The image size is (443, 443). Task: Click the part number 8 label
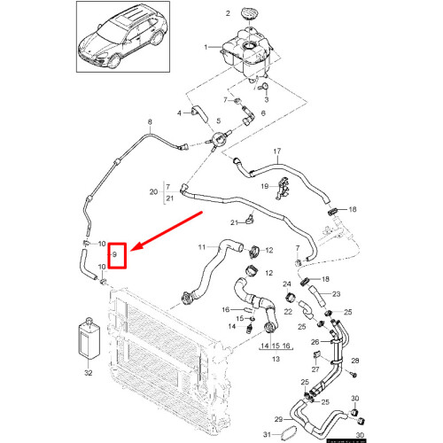[x=150, y=120]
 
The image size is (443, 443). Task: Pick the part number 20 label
[x=153, y=192]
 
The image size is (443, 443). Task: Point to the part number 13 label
[x=276, y=360]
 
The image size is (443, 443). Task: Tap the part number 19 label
[x=264, y=186]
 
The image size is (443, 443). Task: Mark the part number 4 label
[x=181, y=113]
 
